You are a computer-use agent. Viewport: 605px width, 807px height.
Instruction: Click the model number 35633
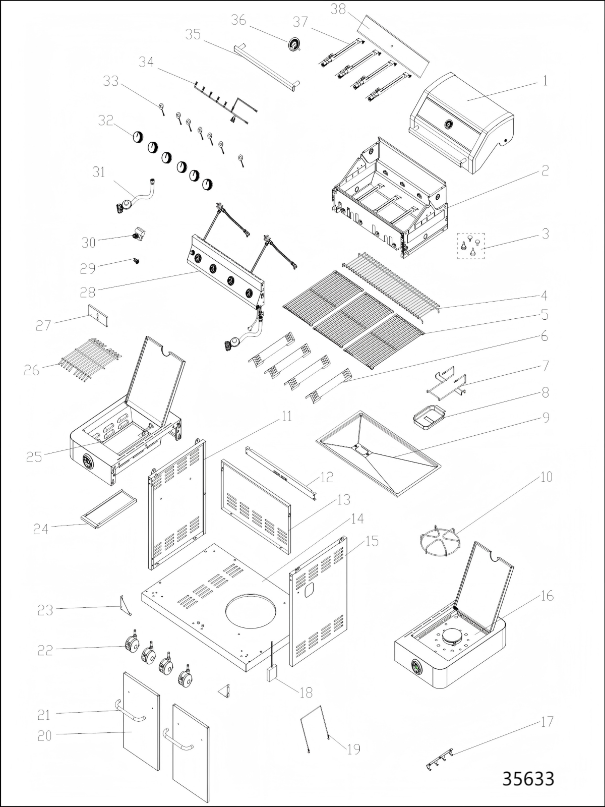click(528, 779)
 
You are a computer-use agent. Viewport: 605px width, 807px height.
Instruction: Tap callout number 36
click(238, 20)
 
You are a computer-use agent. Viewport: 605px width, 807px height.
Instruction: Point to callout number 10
click(547, 477)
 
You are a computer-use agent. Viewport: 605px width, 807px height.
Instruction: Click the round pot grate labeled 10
click(440, 541)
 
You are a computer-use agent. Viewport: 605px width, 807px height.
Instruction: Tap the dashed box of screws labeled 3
click(470, 246)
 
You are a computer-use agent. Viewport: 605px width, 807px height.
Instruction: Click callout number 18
click(306, 693)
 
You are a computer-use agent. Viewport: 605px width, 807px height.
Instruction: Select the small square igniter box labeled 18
click(272, 673)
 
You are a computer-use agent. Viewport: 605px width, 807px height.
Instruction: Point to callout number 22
click(45, 651)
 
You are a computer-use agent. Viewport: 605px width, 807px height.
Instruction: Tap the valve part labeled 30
click(138, 235)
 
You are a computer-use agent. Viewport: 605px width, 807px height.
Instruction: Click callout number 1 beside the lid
click(544, 81)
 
